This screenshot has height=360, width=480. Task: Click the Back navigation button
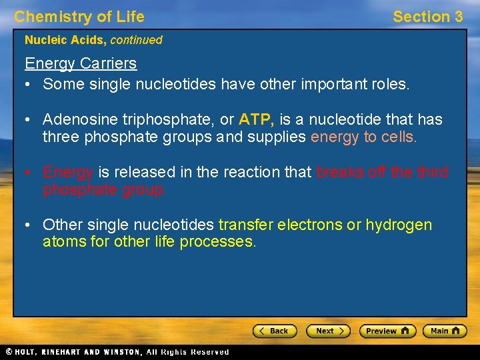(274, 331)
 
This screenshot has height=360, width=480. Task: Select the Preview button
(387, 331)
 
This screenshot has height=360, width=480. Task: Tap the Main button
(446, 331)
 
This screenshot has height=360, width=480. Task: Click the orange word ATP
(256, 120)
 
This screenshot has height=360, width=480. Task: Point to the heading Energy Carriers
(81, 64)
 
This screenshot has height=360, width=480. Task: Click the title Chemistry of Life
(79, 17)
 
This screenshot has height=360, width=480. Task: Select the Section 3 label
(427, 17)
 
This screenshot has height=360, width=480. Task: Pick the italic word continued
(136, 40)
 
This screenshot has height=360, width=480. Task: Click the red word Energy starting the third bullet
(67, 172)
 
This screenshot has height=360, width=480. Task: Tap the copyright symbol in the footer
(9, 352)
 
